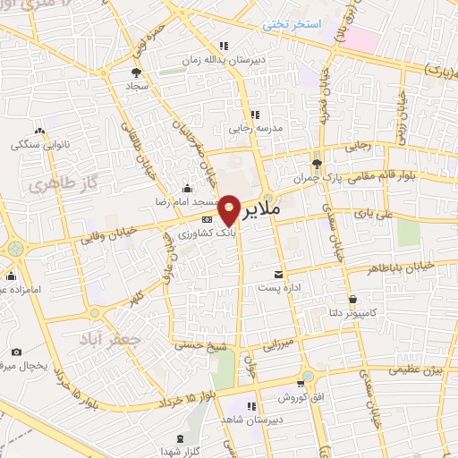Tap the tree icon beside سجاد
pos(136,72)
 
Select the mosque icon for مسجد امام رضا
pos(186,189)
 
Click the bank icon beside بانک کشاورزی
pos(207,218)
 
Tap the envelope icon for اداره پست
pos(280,273)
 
